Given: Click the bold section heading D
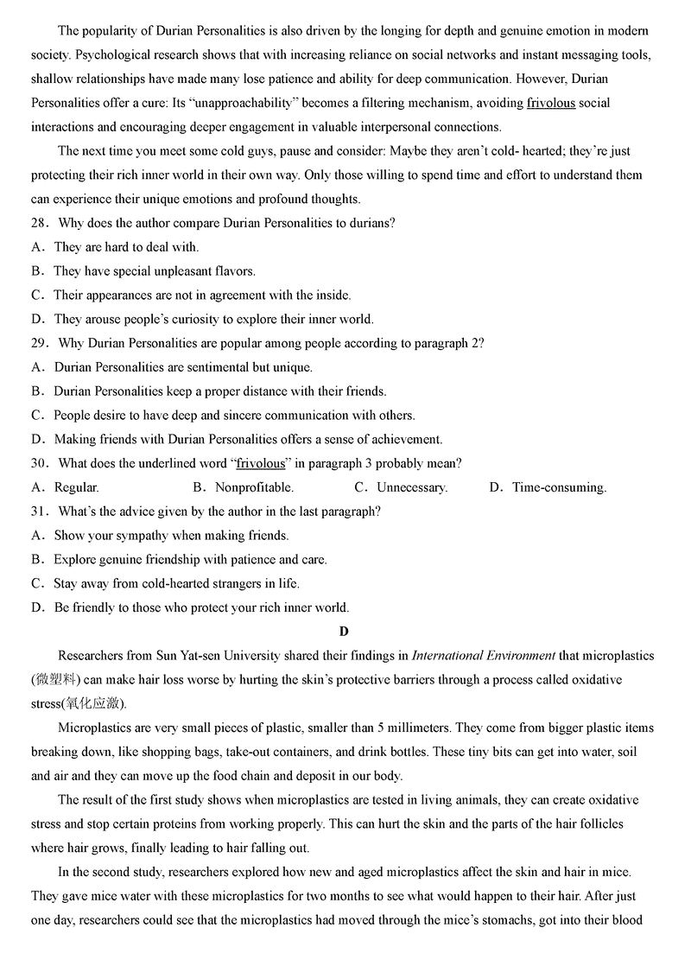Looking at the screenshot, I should [x=344, y=632].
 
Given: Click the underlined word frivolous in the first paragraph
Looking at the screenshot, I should [x=550, y=103].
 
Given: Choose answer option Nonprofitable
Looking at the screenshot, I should [x=254, y=487].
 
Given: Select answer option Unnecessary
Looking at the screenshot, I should [x=411, y=487].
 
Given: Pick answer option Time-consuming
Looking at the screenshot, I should [x=559, y=487].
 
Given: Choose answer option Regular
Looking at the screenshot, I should [x=76, y=487].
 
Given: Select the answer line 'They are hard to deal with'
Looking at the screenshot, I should [x=126, y=247].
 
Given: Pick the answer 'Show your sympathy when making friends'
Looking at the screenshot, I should [x=171, y=536].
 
